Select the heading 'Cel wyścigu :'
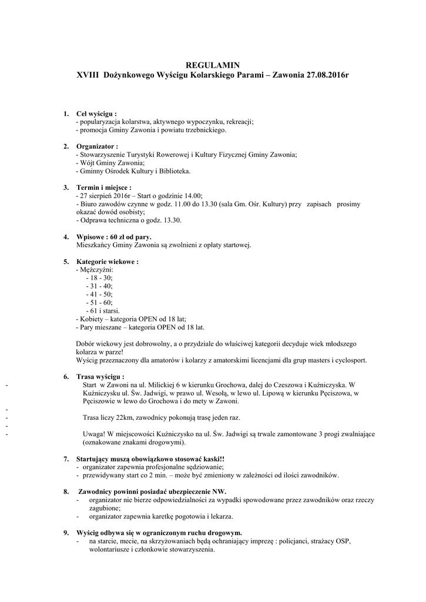[x=96, y=113]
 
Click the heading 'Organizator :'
[x=98, y=146]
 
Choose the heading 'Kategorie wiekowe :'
[x=108, y=262]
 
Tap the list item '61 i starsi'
[x=104, y=310]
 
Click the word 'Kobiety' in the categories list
[x=92, y=319]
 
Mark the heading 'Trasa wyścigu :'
[x=100, y=376]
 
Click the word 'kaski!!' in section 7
[x=214, y=459]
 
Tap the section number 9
[x=66, y=533]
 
